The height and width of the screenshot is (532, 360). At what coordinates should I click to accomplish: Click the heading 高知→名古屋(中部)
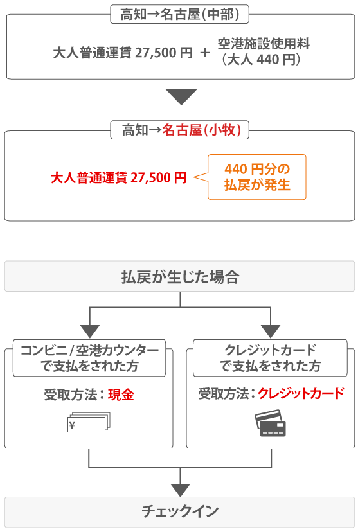point(179,14)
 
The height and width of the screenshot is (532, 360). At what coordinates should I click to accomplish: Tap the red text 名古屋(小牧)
point(202,130)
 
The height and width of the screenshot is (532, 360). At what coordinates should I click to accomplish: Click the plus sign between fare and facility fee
point(205,53)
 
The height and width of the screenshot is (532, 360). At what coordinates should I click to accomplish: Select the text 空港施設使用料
point(264,44)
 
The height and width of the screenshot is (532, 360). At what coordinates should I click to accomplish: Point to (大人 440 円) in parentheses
point(261,60)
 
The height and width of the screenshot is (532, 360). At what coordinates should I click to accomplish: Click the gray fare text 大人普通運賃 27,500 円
point(123,53)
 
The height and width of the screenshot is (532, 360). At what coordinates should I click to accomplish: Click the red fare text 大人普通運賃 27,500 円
point(119,177)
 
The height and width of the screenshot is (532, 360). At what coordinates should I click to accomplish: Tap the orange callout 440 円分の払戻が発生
point(257,177)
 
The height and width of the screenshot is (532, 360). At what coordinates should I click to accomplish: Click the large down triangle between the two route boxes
point(181,96)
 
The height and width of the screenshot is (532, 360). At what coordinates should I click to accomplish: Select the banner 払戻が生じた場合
point(179,276)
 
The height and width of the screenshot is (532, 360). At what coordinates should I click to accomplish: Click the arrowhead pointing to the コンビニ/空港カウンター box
point(89,332)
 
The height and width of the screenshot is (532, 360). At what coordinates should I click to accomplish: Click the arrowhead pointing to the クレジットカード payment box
point(271,332)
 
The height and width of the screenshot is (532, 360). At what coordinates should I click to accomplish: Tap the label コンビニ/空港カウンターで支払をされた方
point(89,358)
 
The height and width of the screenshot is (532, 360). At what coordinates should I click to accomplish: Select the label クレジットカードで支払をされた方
point(271,358)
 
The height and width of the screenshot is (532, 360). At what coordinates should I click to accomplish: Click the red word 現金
point(122,395)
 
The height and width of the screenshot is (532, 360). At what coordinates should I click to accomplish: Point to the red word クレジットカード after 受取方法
point(301,394)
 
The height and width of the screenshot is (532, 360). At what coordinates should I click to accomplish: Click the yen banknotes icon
point(89,422)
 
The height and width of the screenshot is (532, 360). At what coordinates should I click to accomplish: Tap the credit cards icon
point(271,423)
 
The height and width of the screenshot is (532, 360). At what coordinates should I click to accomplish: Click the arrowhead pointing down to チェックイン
point(181,490)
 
